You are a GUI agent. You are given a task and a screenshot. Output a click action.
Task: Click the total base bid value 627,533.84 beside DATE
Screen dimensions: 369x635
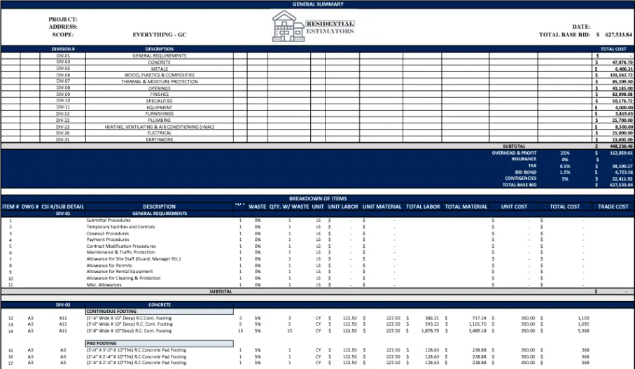tap(616, 34)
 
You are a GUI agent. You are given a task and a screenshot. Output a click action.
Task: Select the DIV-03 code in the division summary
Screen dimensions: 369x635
tap(63, 62)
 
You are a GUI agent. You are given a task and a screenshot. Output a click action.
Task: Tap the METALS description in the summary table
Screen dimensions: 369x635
tap(159, 69)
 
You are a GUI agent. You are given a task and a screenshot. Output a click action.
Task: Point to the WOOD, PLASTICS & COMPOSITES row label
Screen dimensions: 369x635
tap(159, 75)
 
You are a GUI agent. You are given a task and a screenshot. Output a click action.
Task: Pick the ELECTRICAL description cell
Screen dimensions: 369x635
tap(159, 133)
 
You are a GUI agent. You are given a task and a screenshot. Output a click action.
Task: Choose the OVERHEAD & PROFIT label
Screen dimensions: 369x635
tap(514, 153)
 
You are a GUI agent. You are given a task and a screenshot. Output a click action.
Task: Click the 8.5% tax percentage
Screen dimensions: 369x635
tap(565, 166)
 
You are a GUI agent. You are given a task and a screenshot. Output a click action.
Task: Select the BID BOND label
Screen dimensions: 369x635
tap(526, 172)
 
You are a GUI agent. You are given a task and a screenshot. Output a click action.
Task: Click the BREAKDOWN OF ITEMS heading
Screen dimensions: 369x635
tap(317, 199)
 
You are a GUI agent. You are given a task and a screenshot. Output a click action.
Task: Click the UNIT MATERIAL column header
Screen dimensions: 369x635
tap(383, 207)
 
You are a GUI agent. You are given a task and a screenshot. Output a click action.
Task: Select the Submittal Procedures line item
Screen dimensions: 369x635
tap(108, 221)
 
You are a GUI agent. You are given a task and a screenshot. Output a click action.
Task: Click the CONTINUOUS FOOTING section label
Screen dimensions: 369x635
tap(111, 311)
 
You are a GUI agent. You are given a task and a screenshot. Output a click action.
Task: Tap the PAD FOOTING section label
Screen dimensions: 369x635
tap(101, 343)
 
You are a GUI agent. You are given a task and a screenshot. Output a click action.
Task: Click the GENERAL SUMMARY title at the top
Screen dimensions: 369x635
tap(317, 4)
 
